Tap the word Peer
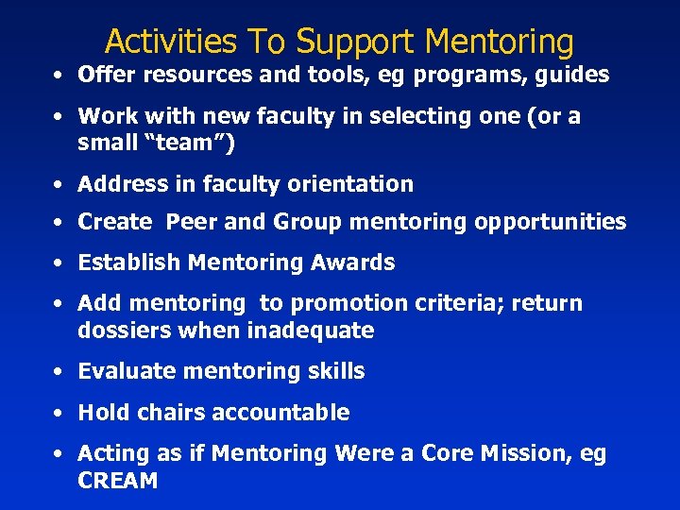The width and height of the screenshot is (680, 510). [x=192, y=222]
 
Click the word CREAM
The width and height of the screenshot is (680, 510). [x=118, y=480]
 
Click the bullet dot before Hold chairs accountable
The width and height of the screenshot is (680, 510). [x=59, y=414]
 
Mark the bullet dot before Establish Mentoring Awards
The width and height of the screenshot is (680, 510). [x=59, y=263]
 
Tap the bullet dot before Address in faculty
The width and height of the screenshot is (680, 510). [x=59, y=184]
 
